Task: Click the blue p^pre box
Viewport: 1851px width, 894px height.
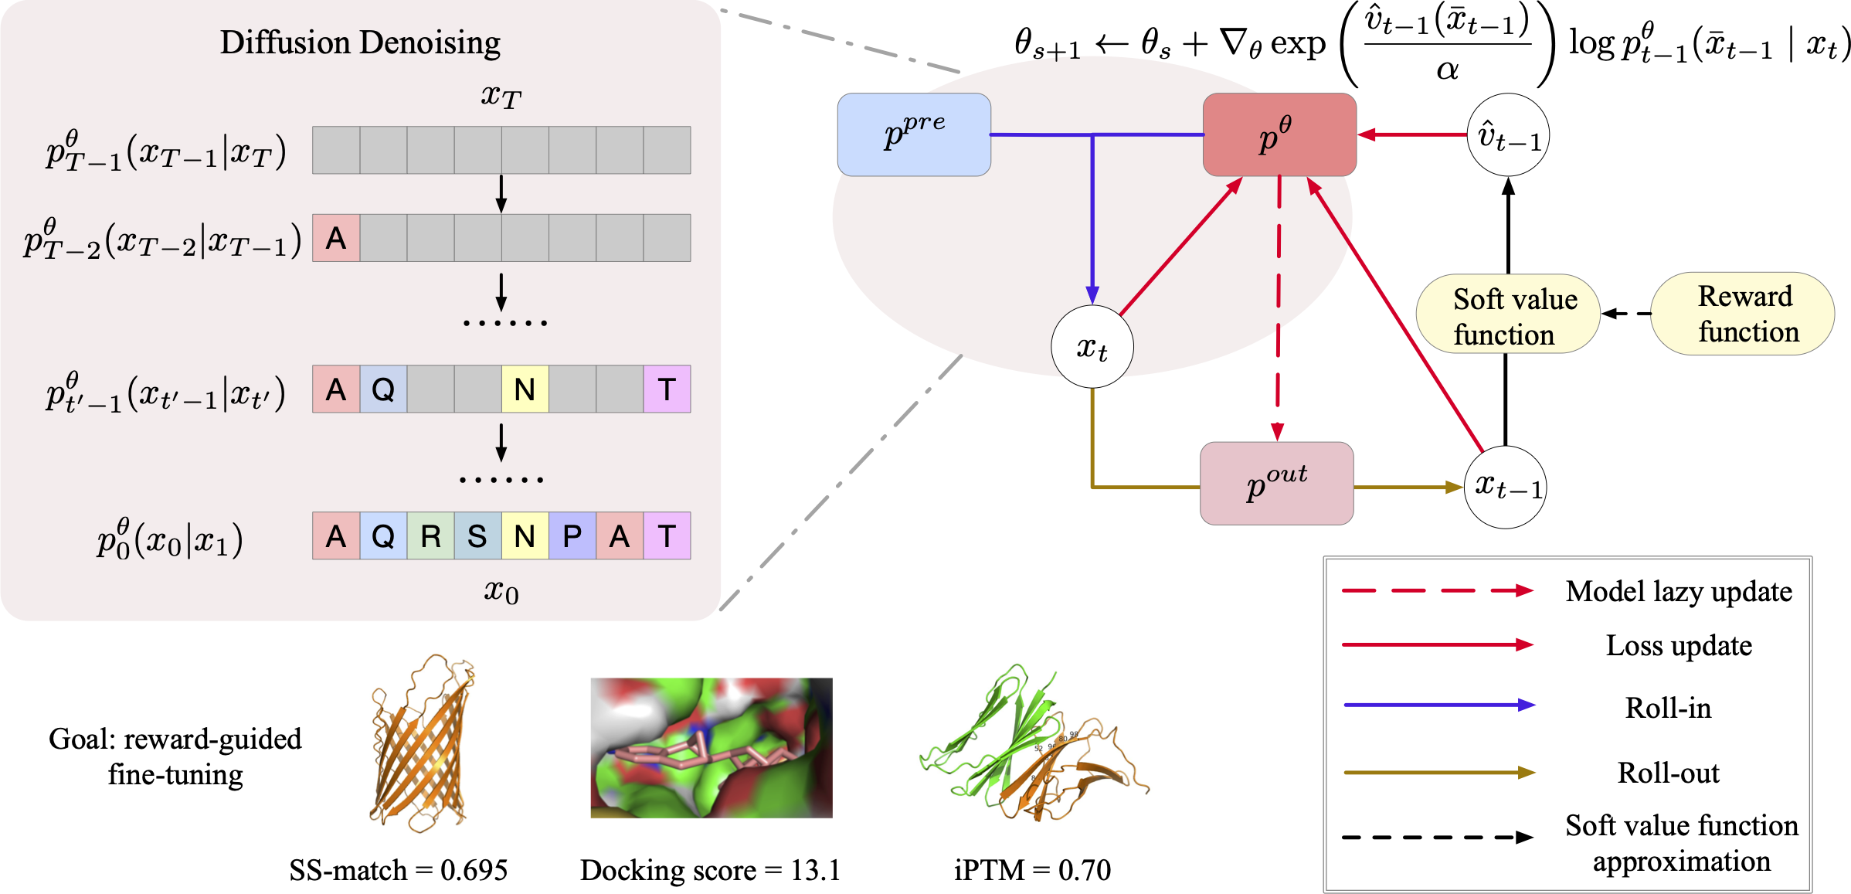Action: [x=914, y=134]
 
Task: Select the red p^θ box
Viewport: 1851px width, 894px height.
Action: [x=1279, y=134]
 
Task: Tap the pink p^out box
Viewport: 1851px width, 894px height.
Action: [x=1276, y=484]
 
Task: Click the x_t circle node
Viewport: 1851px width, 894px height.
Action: [x=1092, y=347]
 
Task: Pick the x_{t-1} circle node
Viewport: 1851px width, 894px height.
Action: [x=1506, y=487]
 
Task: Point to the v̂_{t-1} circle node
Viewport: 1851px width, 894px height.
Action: [x=1508, y=135]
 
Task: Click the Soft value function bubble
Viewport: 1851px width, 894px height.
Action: [x=1507, y=314]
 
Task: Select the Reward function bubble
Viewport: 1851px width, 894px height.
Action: [x=1743, y=314]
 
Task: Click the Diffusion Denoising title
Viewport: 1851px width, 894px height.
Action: [x=360, y=42]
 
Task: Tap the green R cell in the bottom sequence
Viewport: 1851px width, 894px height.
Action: [x=430, y=535]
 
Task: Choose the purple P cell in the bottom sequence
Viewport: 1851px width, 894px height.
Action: [x=572, y=535]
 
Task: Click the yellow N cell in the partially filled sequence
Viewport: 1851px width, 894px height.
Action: [x=525, y=389]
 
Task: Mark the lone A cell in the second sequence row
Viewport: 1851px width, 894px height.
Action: [x=336, y=238]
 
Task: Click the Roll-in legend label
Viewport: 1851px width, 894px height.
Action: [x=1668, y=707]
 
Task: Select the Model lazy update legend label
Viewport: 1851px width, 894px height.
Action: [x=1679, y=591]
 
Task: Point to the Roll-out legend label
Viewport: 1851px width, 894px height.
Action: [x=1668, y=773]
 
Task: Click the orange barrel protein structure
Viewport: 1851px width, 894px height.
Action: [x=422, y=743]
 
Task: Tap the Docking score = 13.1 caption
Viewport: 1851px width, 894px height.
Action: [x=710, y=870]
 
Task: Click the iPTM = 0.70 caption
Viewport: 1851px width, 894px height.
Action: [x=1032, y=870]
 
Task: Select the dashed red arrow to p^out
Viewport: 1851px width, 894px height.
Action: [x=1279, y=309]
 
